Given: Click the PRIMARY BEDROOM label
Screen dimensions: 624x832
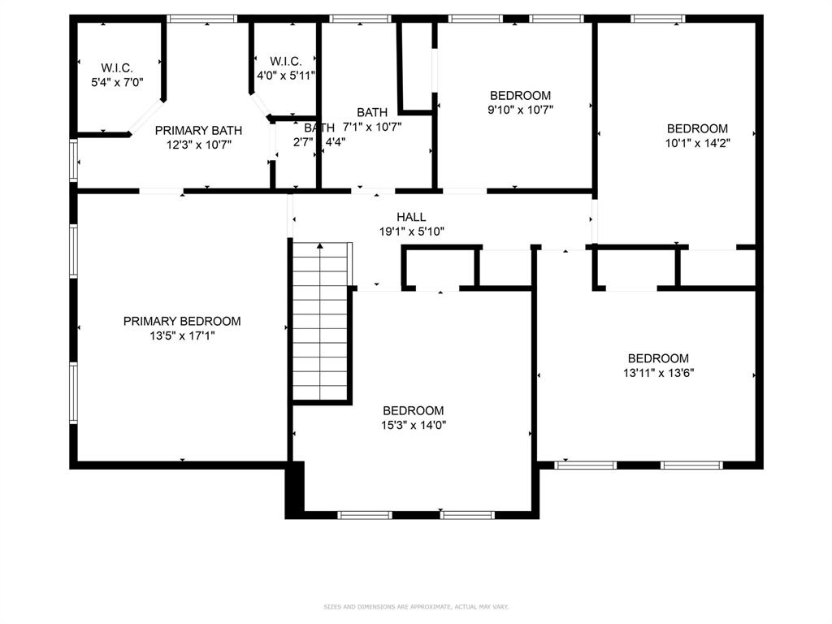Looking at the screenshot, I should [182, 321].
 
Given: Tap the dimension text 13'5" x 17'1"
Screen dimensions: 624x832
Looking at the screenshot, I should [182, 335].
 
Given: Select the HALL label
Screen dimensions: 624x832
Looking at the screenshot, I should [411, 217].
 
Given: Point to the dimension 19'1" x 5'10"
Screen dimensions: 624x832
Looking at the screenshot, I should [411, 231].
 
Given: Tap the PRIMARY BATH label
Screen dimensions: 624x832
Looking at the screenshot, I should [198, 130].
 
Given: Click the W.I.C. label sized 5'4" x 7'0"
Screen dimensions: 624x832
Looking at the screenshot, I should [117, 67].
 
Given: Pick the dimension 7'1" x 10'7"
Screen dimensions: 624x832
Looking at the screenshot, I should [372, 126].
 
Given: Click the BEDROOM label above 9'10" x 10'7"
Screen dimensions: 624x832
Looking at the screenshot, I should [520, 95].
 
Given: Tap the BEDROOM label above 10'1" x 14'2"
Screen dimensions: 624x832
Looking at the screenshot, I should [697, 128].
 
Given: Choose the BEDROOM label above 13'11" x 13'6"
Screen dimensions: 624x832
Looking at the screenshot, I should [658, 358].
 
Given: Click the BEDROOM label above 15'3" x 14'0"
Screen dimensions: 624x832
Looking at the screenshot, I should [414, 410].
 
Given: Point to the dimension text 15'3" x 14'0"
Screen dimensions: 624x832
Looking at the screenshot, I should [414, 424].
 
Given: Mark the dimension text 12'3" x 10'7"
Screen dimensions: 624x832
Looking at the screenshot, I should [198, 145].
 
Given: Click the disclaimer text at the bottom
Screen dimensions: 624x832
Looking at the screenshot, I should [416, 606].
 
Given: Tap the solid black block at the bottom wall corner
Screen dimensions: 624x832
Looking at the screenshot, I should [294, 489].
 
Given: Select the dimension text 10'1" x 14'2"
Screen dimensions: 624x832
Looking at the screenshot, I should [697, 142].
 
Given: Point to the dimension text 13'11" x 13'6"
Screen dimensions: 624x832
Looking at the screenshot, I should [658, 373].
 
